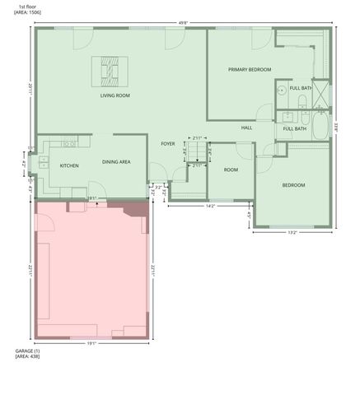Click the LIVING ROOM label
115,95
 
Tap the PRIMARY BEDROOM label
250,70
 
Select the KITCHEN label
69,165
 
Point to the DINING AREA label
116,162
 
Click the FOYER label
168,144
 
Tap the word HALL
246,128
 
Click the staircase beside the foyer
196,154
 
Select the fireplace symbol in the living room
110,71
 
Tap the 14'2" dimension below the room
210,206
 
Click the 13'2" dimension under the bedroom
292,233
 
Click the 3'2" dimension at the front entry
158,187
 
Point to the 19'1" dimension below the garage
91,344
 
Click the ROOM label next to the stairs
231,170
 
